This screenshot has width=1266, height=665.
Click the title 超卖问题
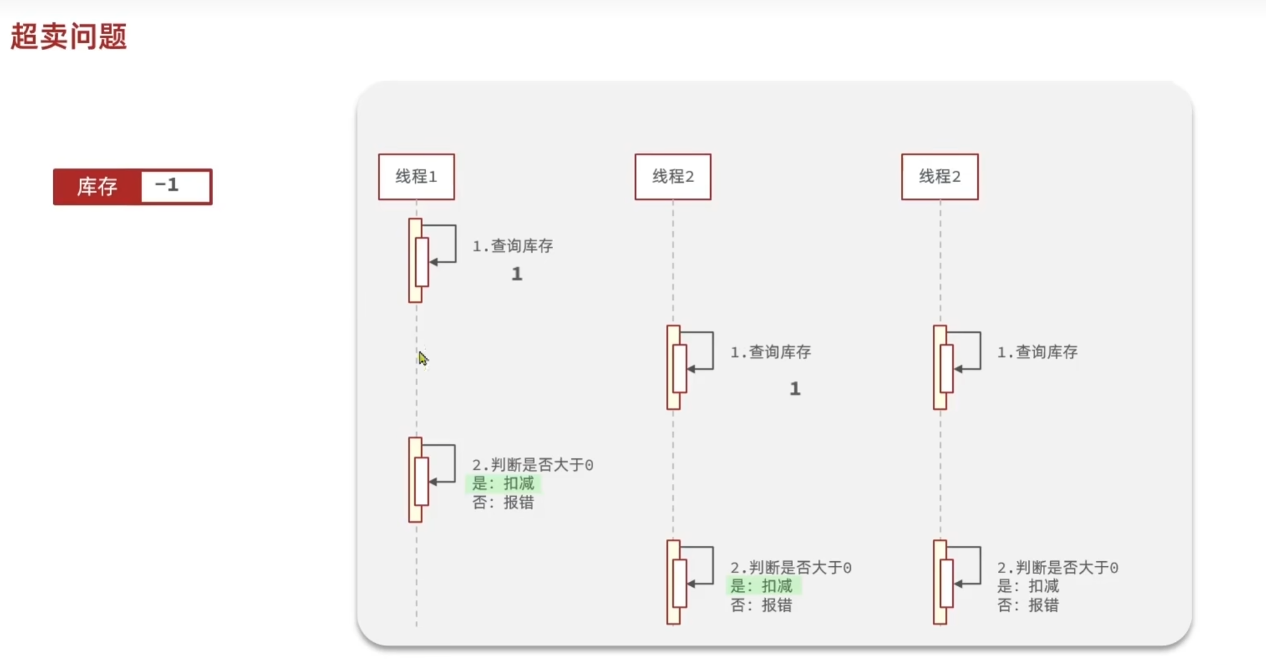69,36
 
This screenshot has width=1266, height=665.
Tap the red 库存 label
97,187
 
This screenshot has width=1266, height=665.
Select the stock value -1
167,185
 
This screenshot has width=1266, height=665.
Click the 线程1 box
416,177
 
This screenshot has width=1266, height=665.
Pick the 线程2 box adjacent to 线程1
673,177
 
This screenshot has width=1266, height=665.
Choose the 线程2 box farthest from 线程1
940,177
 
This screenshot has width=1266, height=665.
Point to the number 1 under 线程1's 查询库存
517,274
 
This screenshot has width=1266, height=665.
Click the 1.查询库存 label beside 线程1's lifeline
512,246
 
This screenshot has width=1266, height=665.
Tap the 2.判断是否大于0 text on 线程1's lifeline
532,465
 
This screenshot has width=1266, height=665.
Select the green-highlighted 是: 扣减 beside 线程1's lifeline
503,483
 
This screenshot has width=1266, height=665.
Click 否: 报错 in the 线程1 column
503,502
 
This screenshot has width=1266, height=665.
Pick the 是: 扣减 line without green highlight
1028,586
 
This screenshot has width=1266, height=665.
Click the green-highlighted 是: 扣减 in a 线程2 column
761,586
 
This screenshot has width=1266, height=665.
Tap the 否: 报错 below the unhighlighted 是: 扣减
1028,605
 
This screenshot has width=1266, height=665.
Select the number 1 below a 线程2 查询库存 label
795,389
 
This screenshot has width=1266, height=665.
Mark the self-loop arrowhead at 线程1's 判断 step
433,482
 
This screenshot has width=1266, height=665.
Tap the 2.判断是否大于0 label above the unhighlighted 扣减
1057,568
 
